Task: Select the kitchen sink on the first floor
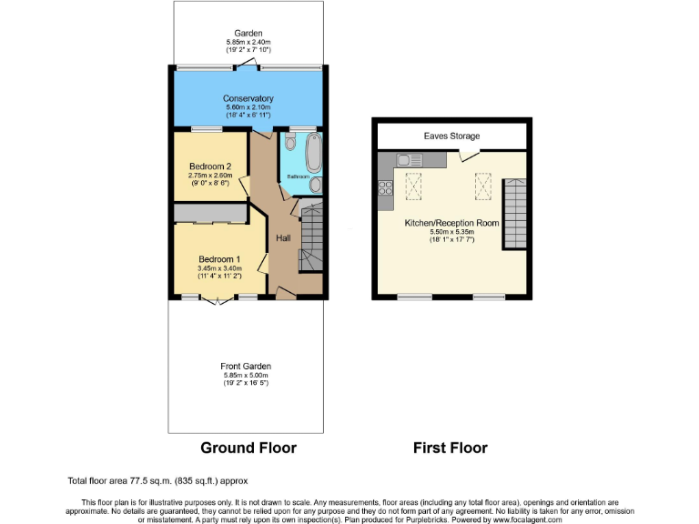click(x=407, y=160)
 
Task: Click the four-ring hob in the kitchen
click(x=384, y=189)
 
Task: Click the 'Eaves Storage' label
click(x=451, y=136)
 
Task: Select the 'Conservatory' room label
click(x=248, y=98)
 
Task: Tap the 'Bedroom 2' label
click(x=210, y=166)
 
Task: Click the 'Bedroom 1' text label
click(x=219, y=257)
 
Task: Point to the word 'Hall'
click(x=284, y=238)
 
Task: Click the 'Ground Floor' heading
click(x=248, y=448)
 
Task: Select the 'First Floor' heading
click(x=450, y=448)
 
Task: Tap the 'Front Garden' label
click(x=246, y=366)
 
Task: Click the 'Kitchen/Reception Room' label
click(x=451, y=221)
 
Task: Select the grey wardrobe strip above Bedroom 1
click(x=210, y=213)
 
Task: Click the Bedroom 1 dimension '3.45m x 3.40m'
click(x=219, y=268)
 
